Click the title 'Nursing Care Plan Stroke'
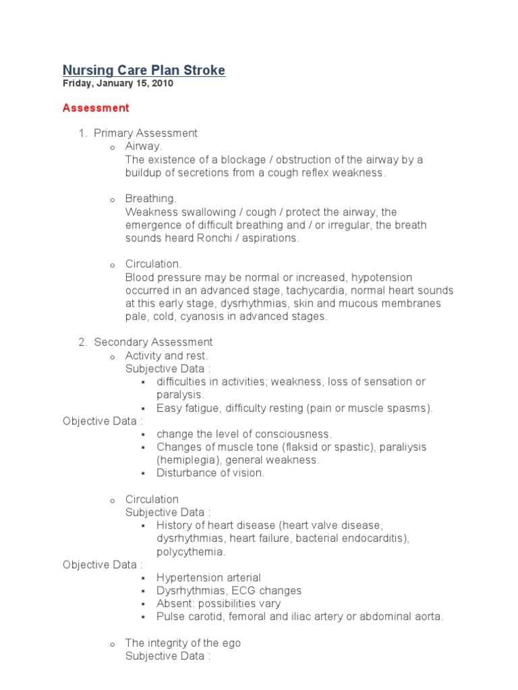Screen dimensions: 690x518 (x=144, y=70)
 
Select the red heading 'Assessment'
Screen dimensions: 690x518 (x=96, y=108)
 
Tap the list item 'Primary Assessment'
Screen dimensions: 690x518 (x=146, y=133)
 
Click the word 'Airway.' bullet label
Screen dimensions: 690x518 (x=144, y=146)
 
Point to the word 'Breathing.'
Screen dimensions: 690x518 (x=150, y=199)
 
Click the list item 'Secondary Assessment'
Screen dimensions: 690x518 (x=153, y=342)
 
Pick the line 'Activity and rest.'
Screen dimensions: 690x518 (x=167, y=355)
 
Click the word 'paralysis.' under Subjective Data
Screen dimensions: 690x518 (x=180, y=394)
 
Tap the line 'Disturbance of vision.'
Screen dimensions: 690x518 (x=210, y=473)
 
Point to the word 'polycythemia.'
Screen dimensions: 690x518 (x=191, y=551)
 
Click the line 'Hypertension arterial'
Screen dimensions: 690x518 (x=208, y=577)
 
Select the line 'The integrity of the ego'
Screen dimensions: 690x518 (x=183, y=643)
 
